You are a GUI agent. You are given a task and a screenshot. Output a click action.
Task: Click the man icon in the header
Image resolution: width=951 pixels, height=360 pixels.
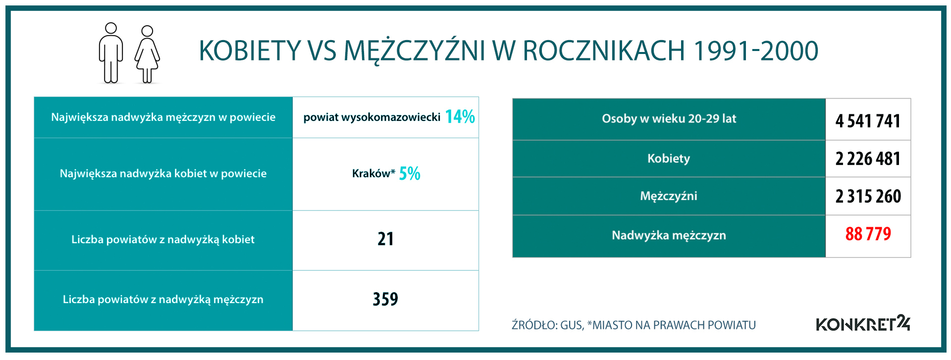click(x=111, y=53)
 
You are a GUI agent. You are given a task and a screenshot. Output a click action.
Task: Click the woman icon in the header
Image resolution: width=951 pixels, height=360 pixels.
click(x=147, y=54)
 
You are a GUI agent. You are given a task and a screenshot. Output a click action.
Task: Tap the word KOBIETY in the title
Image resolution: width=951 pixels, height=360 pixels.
click(x=250, y=51)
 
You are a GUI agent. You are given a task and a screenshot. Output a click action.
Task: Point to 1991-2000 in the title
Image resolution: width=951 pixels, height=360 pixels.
click(x=756, y=51)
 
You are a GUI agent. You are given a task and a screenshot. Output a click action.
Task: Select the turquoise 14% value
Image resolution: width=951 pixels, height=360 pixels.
click(x=460, y=117)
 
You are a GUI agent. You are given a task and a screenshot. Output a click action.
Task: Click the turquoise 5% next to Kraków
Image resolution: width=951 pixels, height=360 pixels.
click(x=410, y=173)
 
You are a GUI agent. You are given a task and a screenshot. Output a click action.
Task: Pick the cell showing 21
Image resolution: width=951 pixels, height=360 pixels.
click(x=385, y=239)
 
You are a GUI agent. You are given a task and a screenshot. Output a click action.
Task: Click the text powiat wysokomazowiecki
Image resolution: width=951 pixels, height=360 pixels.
click(x=372, y=117)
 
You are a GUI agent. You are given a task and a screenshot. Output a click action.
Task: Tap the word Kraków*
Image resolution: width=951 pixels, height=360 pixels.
click(x=373, y=173)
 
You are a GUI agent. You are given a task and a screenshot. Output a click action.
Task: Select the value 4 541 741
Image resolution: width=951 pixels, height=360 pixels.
click(x=868, y=121)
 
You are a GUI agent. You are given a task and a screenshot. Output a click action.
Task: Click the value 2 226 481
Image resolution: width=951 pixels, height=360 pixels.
click(x=868, y=158)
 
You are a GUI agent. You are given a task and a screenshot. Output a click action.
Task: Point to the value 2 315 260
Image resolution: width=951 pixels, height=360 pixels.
click(x=868, y=196)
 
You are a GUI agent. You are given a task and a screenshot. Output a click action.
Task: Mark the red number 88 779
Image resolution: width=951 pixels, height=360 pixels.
click(x=868, y=234)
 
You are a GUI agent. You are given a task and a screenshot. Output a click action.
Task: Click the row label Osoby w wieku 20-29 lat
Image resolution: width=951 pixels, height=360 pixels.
click(x=669, y=119)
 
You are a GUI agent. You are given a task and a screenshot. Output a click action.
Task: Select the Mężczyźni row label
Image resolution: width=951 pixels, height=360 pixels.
click(x=669, y=196)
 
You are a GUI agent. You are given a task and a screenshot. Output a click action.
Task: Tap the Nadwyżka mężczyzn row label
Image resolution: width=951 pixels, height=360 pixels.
click(x=669, y=235)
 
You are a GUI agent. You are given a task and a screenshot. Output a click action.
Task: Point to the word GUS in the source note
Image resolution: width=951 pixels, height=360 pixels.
click(x=572, y=325)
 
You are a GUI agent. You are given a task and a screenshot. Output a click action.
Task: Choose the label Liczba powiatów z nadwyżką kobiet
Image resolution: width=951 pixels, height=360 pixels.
click(x=163, y=240)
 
